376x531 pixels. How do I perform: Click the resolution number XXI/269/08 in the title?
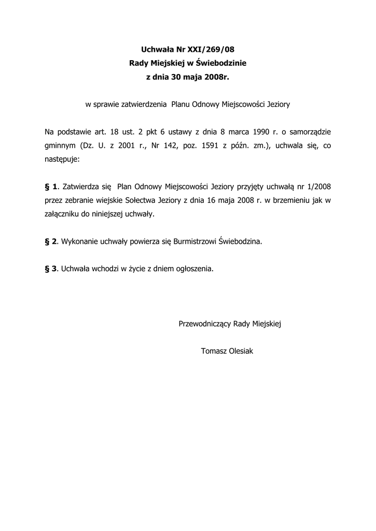[212, 50]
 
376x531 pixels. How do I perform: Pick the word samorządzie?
[309, 132]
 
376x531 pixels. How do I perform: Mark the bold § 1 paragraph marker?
[51, 186]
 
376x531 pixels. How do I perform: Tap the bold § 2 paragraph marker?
[51, 241]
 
